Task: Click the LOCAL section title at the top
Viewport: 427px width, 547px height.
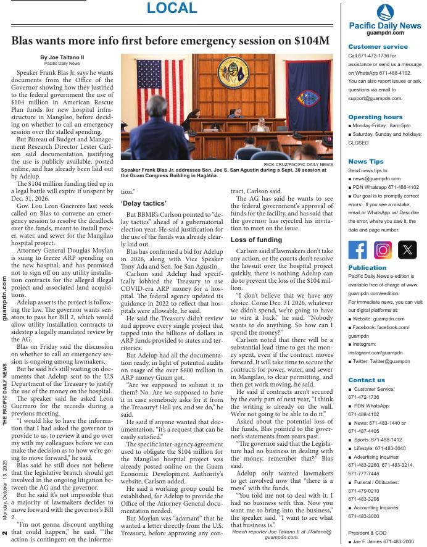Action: coord(172,9)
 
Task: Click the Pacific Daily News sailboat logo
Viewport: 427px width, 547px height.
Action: coord(384,12)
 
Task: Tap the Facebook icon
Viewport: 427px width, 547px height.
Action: coord(357,249)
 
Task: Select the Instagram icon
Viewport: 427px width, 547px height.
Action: coord(383,249)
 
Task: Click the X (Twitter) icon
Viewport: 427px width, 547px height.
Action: coord(407,249)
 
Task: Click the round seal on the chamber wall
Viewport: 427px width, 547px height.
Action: coord(233,72)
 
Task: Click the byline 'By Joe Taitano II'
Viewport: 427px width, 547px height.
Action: coord(62,57)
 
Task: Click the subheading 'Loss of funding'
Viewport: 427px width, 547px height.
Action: coord(256,240)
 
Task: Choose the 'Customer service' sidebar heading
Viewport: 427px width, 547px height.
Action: coord(378,47)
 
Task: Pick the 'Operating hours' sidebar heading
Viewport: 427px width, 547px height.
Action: coord(375,117)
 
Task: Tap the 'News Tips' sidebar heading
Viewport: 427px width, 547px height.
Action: coord(365,161)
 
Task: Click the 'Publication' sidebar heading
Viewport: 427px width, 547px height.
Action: coord(367,268)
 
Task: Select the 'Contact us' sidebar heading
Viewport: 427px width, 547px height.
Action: coord(367,380)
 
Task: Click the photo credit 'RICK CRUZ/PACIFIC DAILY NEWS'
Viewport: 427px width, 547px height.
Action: coord(298,165)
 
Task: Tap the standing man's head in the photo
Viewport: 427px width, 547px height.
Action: coord(157,107)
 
